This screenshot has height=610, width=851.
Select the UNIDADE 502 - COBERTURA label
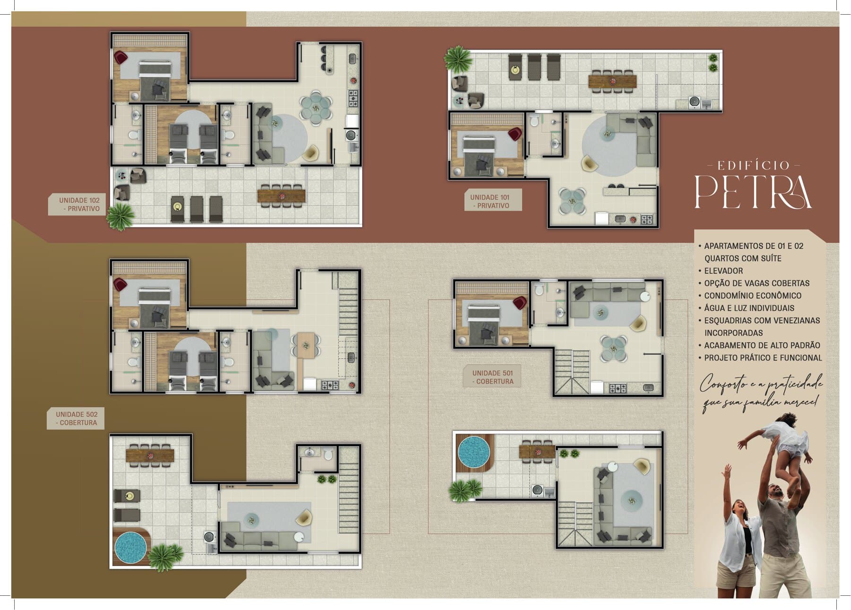(77, 419)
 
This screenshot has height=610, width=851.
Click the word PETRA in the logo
(753, 192)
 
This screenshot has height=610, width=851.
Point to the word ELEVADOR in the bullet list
(723, 271)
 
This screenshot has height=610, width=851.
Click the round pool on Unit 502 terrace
(130, 548)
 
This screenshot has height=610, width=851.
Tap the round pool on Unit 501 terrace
(474, 451)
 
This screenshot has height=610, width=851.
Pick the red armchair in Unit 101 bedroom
(515, 134)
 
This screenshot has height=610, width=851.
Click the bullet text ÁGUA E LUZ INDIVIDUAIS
(749, 308)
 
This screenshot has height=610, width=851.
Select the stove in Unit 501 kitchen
(618, 388)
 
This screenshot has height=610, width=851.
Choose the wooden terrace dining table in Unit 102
(281, 196)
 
